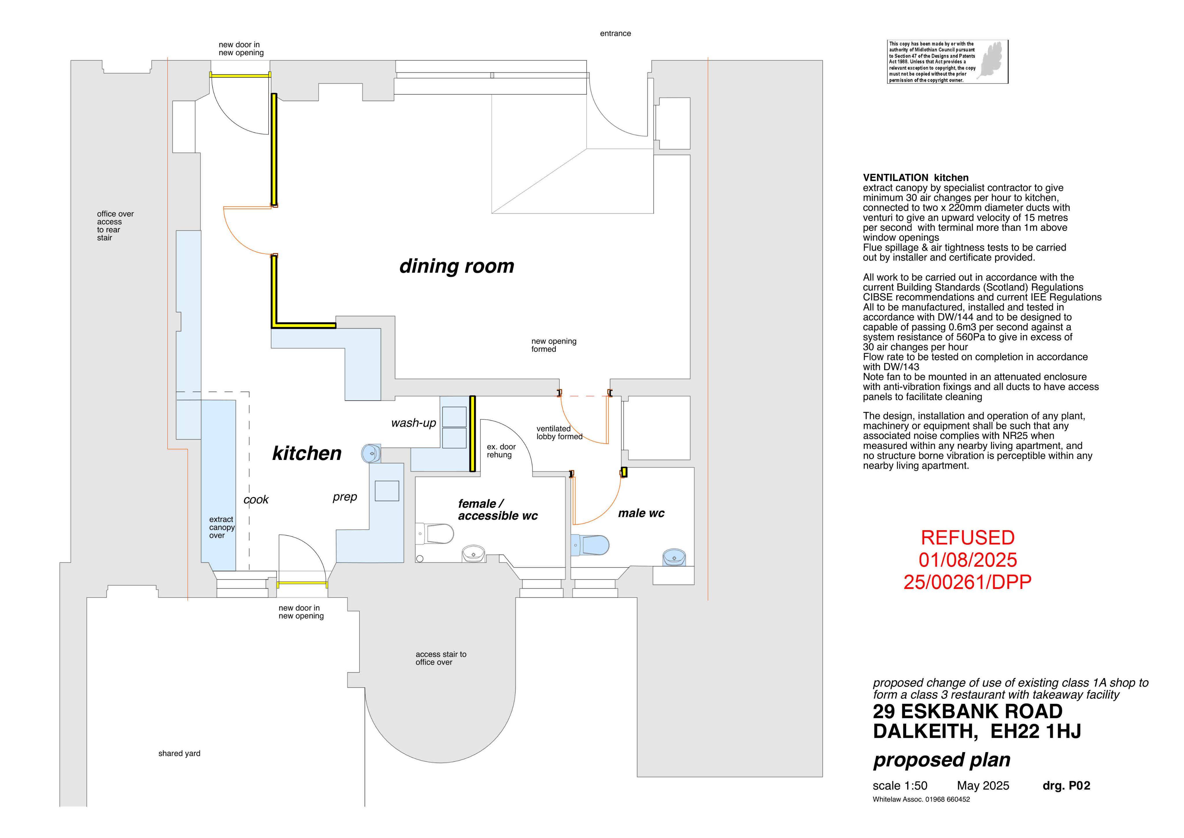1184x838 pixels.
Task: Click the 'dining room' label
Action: click(457, 266)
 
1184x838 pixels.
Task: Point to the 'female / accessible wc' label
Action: click(498, 510)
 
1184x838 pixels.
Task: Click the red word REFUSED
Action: click(967, 538)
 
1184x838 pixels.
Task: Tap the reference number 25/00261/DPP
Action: click(967, 582)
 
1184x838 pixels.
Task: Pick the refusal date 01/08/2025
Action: click(967, 560)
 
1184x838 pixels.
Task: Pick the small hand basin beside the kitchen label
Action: click(371, 454)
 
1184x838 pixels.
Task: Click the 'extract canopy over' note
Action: click(222, 527)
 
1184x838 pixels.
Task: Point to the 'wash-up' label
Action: click(414, 423)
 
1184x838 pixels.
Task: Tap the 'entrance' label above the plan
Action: click(615, 34)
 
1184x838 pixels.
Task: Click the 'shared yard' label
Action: click(180, 753)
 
